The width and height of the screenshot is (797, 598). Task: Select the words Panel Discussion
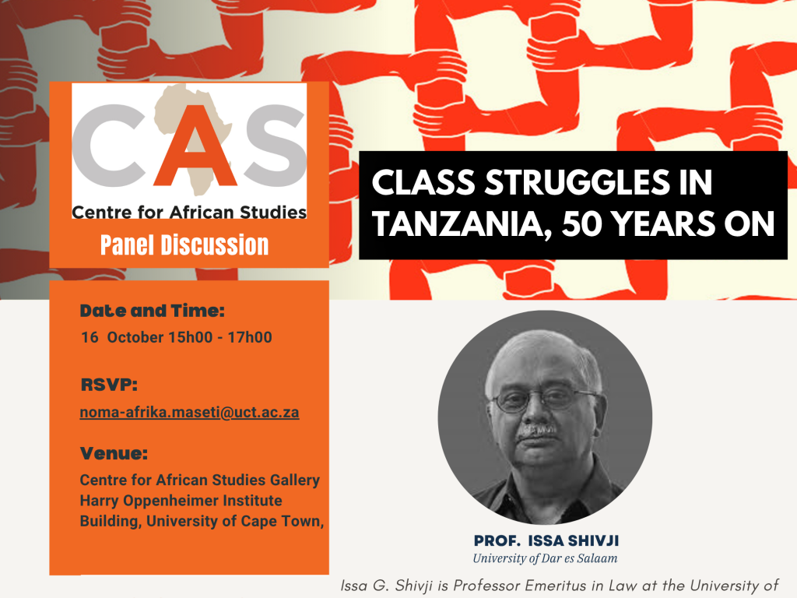[x=184, y=245]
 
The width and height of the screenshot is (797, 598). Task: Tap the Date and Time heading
[x=153, y=311]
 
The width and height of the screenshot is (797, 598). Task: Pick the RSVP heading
[x=109, y=385]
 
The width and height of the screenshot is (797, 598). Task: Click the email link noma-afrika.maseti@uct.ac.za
[x=189, y=413]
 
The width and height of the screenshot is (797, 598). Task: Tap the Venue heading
[x=114, y=453]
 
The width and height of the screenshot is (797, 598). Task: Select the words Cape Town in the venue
[x=288, y=521]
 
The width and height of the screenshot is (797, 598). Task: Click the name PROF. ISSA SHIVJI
[x=545, y=541]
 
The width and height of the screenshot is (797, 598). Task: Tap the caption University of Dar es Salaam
[x=545, y=558]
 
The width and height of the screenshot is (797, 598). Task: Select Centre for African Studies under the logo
[x=189, y=212]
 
